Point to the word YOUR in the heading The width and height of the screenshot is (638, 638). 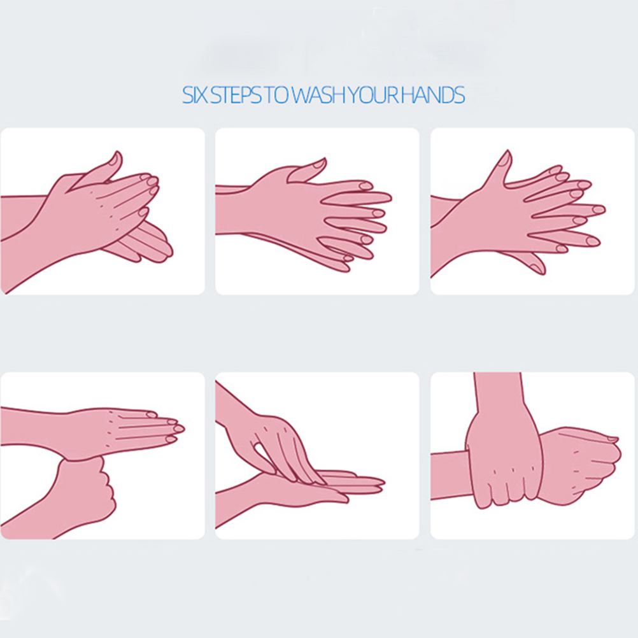point(372,95)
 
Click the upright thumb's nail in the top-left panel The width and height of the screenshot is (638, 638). point(117,159)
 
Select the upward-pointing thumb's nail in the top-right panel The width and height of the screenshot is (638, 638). point(506,159)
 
